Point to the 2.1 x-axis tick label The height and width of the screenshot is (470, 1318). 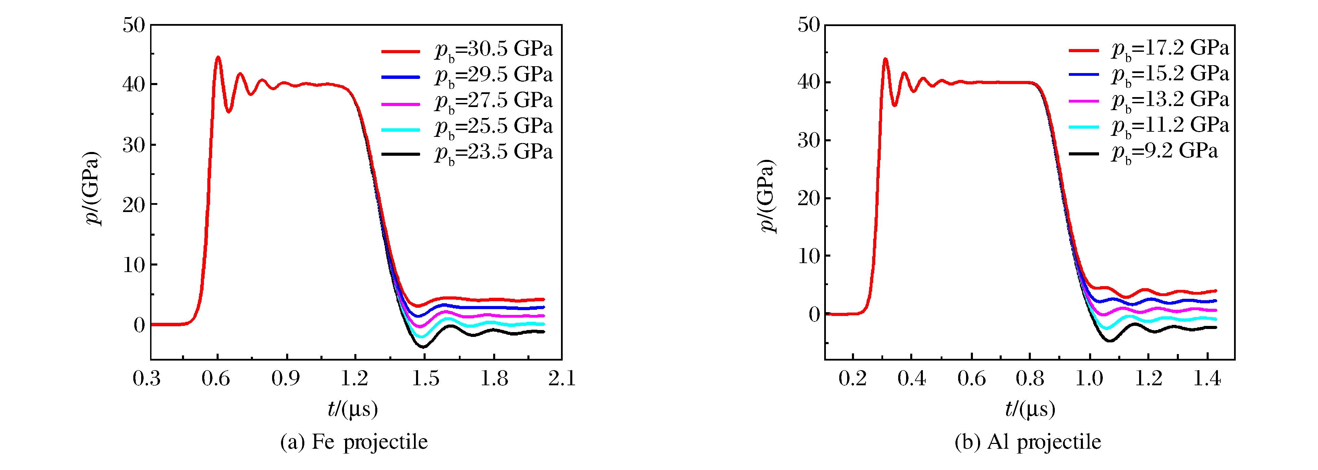(562, 379)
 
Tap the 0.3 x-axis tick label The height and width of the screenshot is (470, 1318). (147, 379)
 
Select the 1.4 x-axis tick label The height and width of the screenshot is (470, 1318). (1207, 379)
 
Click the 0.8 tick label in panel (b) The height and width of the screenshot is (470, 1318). (1030, 379)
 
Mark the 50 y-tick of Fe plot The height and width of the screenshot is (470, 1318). (134, 25)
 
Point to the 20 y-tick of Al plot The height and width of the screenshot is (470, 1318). (808, 198)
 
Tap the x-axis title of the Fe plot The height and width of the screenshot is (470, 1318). (353, 409)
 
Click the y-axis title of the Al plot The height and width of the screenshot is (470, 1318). (767, 196)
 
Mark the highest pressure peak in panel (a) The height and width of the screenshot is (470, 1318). (218, 57)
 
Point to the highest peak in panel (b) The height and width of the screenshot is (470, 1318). (885, 59)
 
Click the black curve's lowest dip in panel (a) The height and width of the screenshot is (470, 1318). (423, 347)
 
